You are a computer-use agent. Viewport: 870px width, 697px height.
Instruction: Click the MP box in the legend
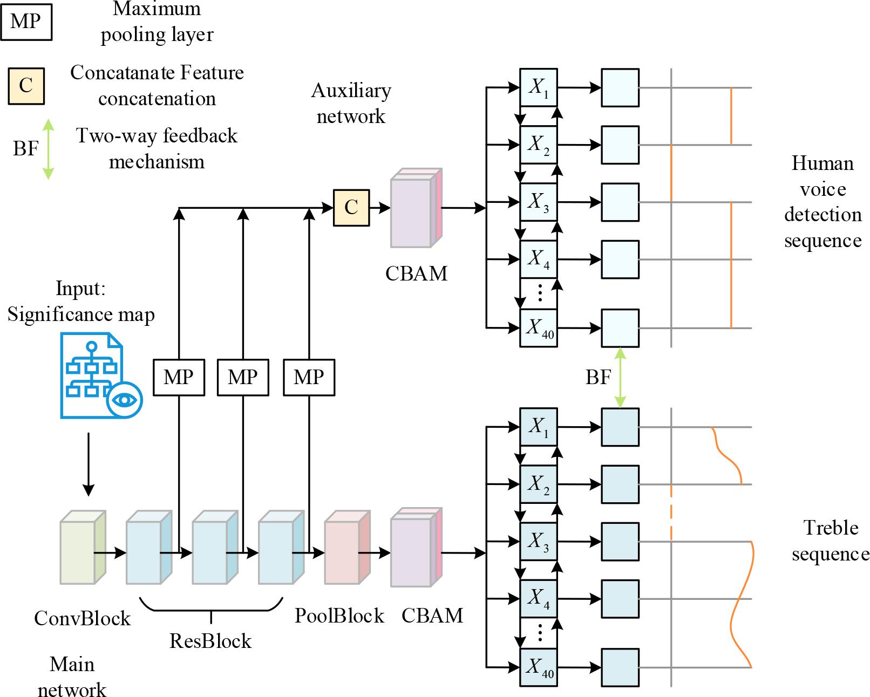tap(26, 22)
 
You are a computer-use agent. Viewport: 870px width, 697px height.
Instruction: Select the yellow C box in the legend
tap(26, 85)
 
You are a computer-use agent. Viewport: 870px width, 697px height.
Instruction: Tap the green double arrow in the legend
tap(48, 148)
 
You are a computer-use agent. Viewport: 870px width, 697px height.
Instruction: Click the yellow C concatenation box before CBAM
tap(351, 207)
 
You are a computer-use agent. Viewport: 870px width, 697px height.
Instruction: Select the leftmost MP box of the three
tap(179, 377)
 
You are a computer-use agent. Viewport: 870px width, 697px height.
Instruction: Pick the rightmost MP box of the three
tap(309, 377)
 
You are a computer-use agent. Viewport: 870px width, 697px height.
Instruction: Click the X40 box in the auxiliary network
tap(538, 328)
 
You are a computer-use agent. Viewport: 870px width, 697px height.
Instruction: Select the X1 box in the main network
tap(538, 427)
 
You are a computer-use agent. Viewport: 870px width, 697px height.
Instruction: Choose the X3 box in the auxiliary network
tap(538, 202)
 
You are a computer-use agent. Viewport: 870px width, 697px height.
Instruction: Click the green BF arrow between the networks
tap(621, 377)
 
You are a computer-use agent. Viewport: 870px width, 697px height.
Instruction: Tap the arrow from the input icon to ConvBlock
tap(89, 464)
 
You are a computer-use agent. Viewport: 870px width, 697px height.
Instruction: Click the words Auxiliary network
tap(351, 103)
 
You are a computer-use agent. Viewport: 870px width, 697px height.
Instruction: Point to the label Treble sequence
tap(830, 541)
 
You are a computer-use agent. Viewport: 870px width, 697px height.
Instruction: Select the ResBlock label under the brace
tap(210, 641)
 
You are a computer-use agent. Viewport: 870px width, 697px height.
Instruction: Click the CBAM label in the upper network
tap(416, 274)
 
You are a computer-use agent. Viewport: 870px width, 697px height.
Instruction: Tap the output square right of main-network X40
tap(621, 667)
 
